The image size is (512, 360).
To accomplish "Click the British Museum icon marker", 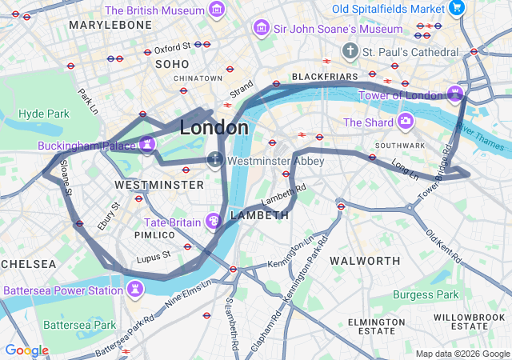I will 216,10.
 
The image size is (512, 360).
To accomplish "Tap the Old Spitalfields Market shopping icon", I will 456,9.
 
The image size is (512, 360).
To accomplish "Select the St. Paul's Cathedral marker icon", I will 350,51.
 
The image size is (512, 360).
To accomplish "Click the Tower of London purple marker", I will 455,94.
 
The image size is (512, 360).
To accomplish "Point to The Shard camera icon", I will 406,122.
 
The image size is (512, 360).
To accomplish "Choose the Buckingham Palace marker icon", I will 146,145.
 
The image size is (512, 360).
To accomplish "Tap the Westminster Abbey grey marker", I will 214,159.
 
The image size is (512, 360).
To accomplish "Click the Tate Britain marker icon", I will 214,221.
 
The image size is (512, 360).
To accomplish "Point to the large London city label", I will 214,128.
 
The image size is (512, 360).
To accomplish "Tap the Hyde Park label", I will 44,114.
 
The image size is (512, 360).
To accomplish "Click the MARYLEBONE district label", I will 110,26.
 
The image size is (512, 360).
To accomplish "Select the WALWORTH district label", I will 365,261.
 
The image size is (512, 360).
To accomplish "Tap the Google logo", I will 27,350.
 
